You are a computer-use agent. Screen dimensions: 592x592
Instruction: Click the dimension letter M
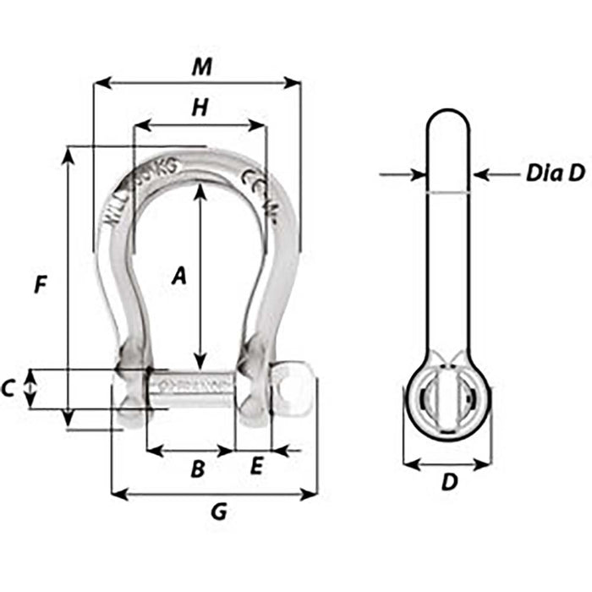click(x=200, y=66)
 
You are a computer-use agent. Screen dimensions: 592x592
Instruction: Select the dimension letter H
click(x=200, y=107)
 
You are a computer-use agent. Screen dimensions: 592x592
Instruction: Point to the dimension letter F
click(x=40, y=285)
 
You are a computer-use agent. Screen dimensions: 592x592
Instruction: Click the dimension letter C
click(x=8, y=389)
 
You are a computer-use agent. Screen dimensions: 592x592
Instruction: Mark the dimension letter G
click(x=219, y=512)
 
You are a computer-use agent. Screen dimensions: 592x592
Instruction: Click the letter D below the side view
click(x=450, y=482)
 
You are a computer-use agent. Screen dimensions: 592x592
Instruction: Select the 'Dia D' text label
click(x=555, y=173)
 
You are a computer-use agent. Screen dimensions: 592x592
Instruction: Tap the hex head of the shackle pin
click(x=293, y=389)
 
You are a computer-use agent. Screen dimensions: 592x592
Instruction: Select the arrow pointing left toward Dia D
click(x=482, y=174)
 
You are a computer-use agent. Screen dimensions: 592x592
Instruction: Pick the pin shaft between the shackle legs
click(x=190, y=389)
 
